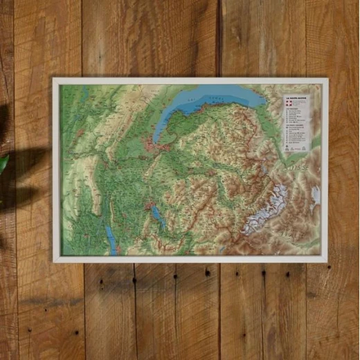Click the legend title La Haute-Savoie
296,98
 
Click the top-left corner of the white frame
54,79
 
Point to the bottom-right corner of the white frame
327,261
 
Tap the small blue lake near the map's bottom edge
221,249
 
